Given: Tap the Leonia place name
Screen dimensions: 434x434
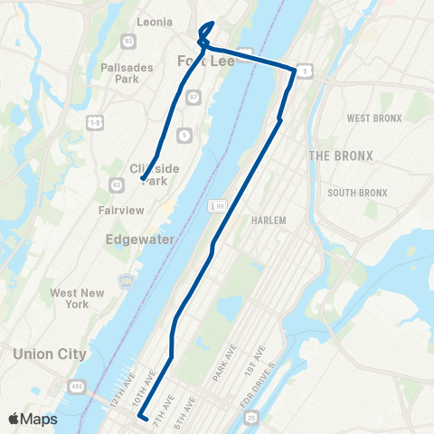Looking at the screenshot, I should (154, 22).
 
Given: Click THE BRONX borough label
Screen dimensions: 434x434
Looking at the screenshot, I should (340, 156).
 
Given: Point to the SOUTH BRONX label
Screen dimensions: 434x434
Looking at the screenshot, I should (357, 193).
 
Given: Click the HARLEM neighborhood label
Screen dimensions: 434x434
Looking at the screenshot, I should (269, 221).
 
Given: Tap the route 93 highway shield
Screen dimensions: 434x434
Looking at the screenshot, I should (127, 42).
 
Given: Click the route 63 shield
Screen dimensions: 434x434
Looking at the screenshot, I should (117, 184).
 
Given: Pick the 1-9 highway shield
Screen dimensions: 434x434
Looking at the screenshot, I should (94, 120).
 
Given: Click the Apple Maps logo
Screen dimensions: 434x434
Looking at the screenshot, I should (33, 419).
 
